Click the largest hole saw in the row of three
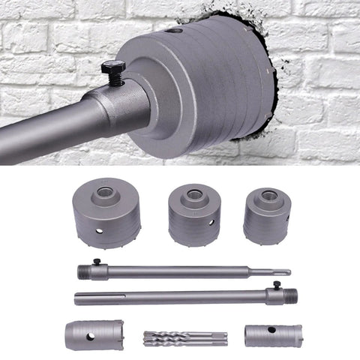coord(107,213)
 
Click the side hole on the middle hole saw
coord(211,222)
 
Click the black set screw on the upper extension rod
coord(95,262)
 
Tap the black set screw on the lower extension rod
coord(276,286)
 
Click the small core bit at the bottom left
coord(94,334)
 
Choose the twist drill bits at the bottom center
coord(182,337)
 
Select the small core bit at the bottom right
coord(272,335)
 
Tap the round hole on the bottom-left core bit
coord(90,335)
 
